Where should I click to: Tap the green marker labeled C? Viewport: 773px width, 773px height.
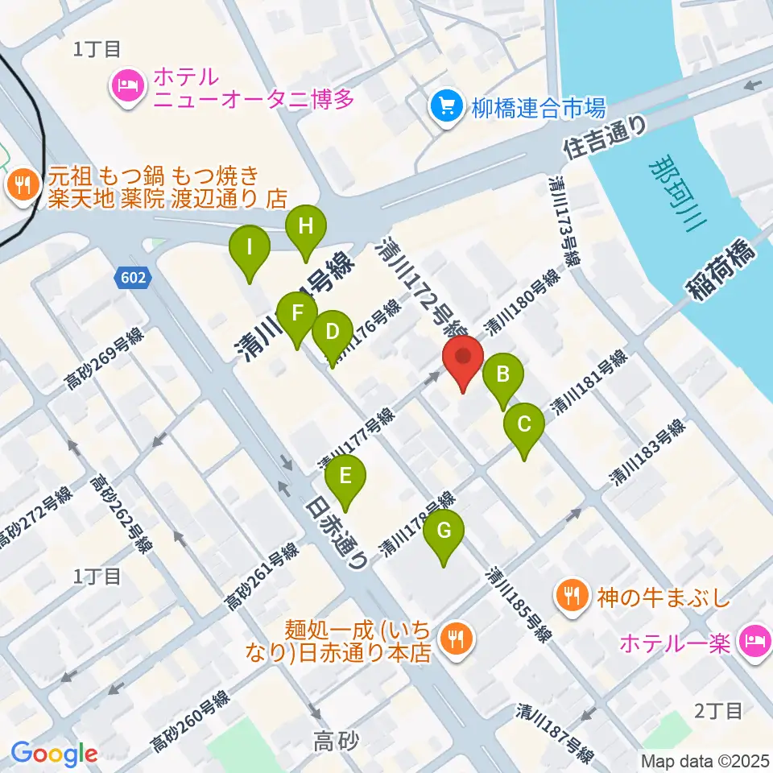click(x=524, y=424)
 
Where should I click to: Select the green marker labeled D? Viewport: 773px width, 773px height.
click(x=331, y=331)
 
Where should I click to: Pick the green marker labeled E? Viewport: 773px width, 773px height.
click(x=345, y=477)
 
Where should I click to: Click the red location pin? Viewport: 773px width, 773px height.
click(x=463, y=357)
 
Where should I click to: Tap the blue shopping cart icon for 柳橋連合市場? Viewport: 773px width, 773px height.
click(x=445, y=106)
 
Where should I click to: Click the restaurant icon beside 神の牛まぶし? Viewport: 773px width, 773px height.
click(x=573, y=597)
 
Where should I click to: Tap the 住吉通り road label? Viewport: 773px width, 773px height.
click(x=605, y=137)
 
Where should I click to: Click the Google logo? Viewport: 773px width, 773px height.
click(x=54, y=754)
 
